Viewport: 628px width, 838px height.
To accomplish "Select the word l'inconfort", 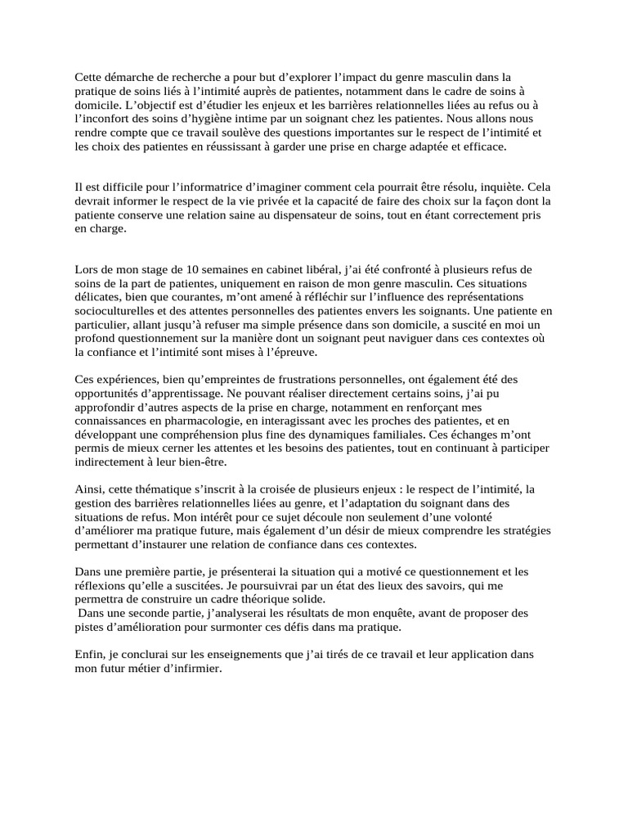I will point(105,119).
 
